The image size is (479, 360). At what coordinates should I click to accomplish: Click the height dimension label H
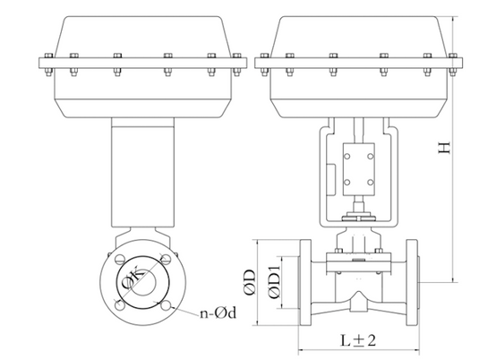coord(444,147)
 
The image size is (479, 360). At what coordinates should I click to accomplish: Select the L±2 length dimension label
coord(358,339)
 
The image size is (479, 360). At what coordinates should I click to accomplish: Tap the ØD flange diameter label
coord(250,282)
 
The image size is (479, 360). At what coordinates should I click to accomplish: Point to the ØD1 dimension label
coord(274,282)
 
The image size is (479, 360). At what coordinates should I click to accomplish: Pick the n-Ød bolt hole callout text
coord(218,313)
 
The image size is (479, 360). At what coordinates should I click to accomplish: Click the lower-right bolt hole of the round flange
coord(166,305)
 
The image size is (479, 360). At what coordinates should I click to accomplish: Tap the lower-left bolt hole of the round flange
coord(119,305)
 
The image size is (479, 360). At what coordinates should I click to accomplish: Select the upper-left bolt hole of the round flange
coord(120,259)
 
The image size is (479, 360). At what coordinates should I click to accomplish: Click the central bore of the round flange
coord(143,282)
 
